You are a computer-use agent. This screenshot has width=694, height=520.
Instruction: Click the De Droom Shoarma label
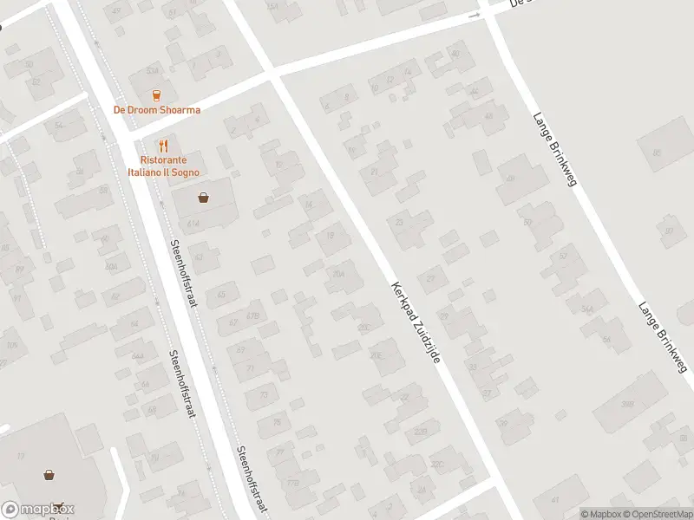tap(157, 110)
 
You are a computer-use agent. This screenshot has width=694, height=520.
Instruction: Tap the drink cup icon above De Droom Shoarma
tap(157, 94)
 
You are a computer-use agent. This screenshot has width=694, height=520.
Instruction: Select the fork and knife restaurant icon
tap(162, 146)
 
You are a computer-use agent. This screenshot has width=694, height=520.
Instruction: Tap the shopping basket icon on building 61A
tap(203, 198)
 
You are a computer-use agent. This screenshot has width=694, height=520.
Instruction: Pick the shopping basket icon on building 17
tap(50, 474)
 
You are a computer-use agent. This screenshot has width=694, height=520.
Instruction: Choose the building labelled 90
tap(669, 231)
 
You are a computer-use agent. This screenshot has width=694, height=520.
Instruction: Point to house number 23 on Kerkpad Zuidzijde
tap(400, 222)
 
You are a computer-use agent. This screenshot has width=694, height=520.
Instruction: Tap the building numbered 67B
tap(253, 315)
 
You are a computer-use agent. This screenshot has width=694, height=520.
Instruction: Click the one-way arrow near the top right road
tap(475, 16)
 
